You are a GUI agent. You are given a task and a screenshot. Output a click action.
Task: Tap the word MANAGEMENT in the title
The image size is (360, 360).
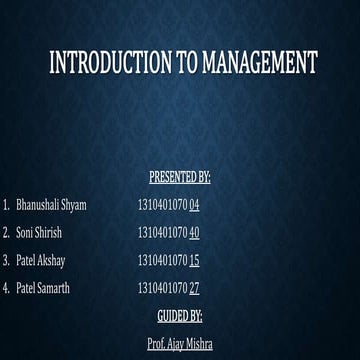pyautogui.click(x=258, y=63)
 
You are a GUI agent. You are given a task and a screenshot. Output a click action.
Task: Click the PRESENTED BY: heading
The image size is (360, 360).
pyautogui.click(x=179, y=178)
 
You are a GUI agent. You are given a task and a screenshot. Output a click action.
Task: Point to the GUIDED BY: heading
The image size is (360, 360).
pyautogui.click(x=179, y=316)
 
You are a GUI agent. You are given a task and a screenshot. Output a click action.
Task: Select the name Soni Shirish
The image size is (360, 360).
pyautogui.click(x=39, y=233)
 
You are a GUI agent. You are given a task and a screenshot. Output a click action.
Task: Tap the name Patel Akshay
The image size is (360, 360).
pyautogui.click(x=41, y=261)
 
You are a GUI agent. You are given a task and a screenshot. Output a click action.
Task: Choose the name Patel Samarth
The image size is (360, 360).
pyautogui.click(x=43, y=288)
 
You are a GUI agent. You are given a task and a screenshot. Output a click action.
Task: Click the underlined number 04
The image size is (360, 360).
pyautogui.click(x=194, y=205)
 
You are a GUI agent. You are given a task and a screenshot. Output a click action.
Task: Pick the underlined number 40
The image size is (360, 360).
pyautogui.click(x=194, y=233)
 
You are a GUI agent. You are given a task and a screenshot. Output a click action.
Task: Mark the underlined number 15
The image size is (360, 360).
pyautogui.click(x=194, y=261)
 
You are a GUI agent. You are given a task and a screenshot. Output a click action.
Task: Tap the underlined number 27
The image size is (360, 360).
pyautogui.click(x=194, y=288)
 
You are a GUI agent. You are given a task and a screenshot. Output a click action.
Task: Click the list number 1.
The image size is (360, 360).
pyautogui.click(x=5, y=205)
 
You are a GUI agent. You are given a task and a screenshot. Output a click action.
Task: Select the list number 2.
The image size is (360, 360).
pyautogui.click(x=5, y=233)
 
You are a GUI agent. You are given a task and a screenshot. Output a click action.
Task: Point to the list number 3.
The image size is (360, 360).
pyautogui.click(x=5, y=261)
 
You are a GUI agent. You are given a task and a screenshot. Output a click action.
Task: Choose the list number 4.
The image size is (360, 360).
pyautogui.click(x=5, y=288)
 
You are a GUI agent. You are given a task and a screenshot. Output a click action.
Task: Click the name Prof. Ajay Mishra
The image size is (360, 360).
pyautogui.click(x=179, y=343)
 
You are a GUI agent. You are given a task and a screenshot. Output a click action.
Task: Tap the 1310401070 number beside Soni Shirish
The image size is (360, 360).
pyautogui.click(x=162, y=233)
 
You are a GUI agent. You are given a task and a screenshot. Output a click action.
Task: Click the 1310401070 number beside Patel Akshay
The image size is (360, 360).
pyautogui.click(x=162, y=261)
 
